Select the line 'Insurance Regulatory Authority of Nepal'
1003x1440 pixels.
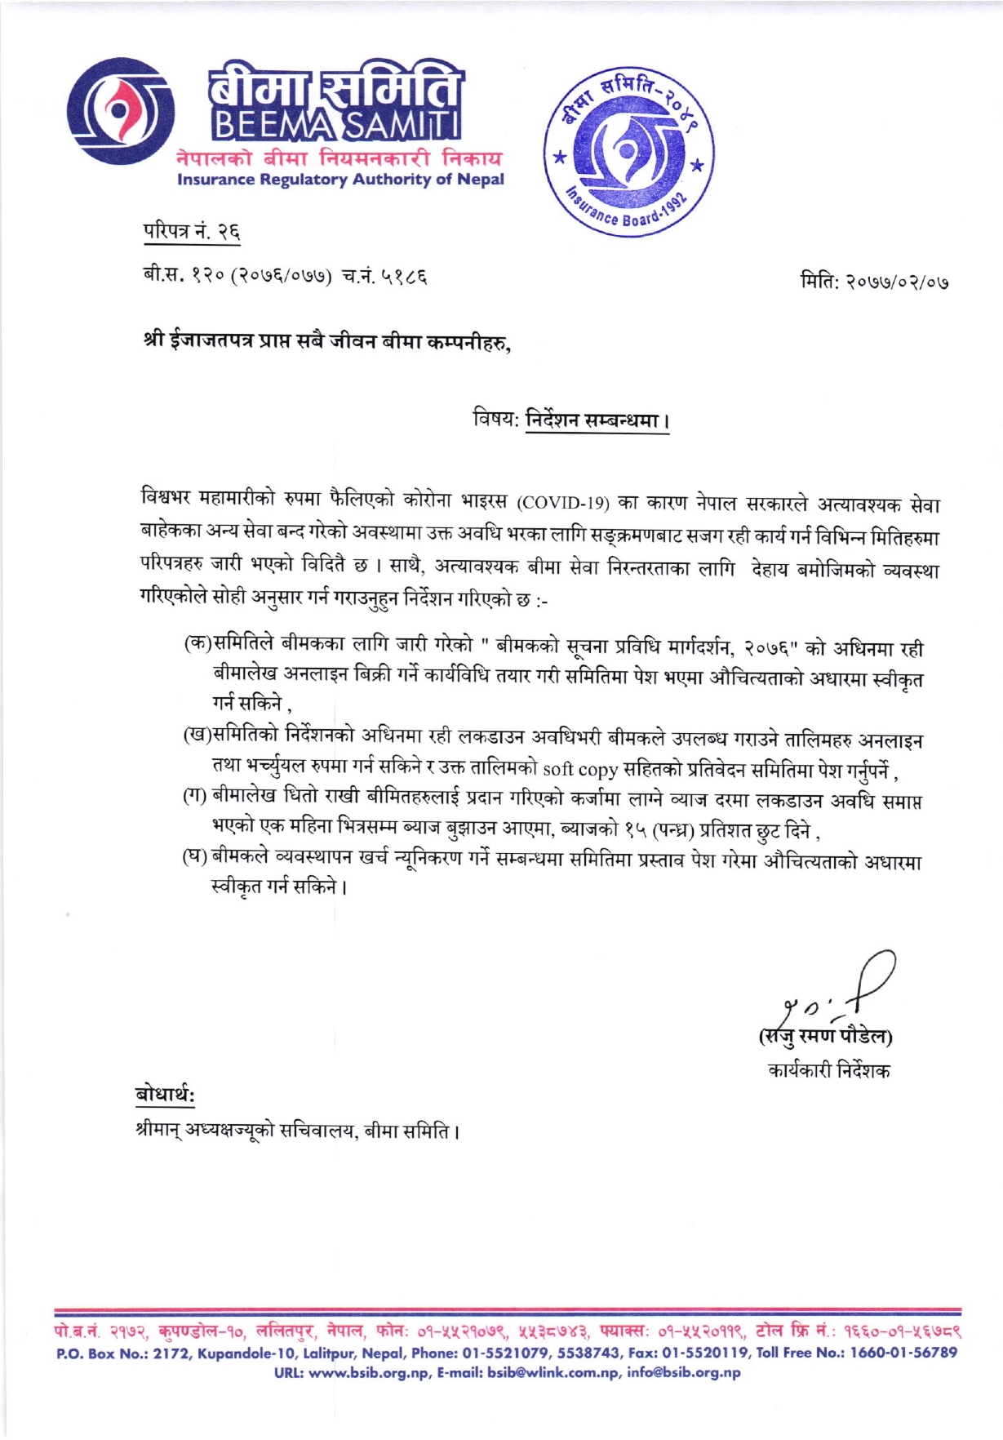[340, 180]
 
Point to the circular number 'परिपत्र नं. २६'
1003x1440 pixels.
[192, 233]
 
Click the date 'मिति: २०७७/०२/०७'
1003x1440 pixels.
[874, 283]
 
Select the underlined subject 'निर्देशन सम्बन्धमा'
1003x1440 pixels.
[597, 422]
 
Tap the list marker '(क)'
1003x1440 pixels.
[197, 642]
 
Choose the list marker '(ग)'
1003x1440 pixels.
[194, 795]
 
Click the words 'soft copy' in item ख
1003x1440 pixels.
[579, 769]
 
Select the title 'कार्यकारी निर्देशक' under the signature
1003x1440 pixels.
[828, 1069]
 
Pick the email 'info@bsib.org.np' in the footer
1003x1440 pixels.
[684, 1372]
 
